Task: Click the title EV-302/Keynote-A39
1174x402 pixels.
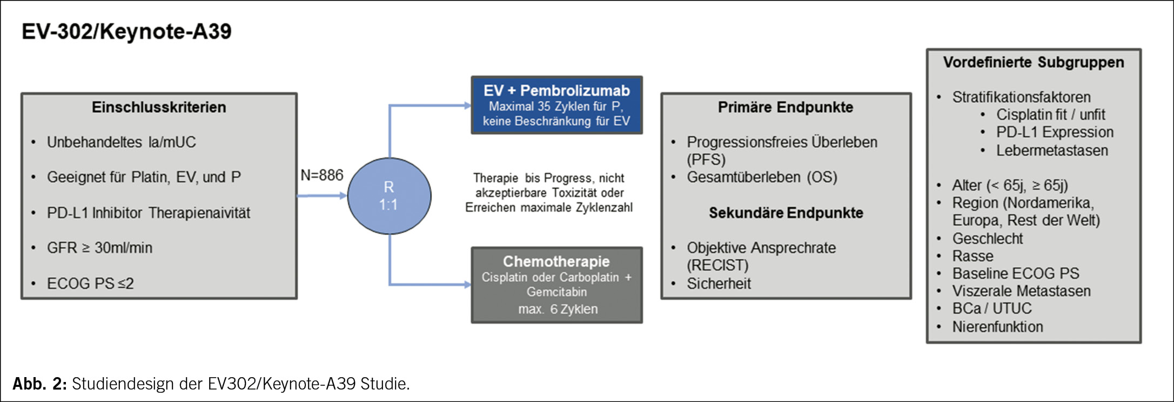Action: (x=126, y=31)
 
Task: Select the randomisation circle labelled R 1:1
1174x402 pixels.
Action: (x=389, y=196)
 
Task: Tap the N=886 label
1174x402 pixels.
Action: (x=322, y=175)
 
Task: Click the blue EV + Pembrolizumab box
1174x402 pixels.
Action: (x=556, y=105)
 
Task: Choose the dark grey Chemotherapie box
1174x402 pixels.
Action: (x=556, y=285)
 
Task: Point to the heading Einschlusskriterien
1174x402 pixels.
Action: (x=159, y=107)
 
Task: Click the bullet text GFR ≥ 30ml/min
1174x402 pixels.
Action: (x=99, y=248)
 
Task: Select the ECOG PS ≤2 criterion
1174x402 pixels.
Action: (x=90, y=284)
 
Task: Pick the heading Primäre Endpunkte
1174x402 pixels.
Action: (x=786, y=107)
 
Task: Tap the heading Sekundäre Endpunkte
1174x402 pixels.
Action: (x=786, y=213)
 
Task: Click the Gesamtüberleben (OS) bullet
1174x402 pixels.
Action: (x=762, y=177)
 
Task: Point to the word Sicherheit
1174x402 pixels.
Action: (x=719, y=284)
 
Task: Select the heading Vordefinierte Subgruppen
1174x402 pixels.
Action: (x=1034, y=62)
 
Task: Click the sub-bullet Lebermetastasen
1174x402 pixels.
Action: (x=1052, y=150)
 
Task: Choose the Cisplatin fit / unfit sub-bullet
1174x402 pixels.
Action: (x=1050, y=115)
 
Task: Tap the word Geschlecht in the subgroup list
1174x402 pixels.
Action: (x=988, y=239)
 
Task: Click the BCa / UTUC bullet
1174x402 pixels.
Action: (x=992, y=308)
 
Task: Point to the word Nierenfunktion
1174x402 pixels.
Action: (x=997, y=327)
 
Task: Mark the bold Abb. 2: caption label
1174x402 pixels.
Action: (x=39, y=384)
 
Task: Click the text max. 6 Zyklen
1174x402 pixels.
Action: (x=558, y=309)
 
